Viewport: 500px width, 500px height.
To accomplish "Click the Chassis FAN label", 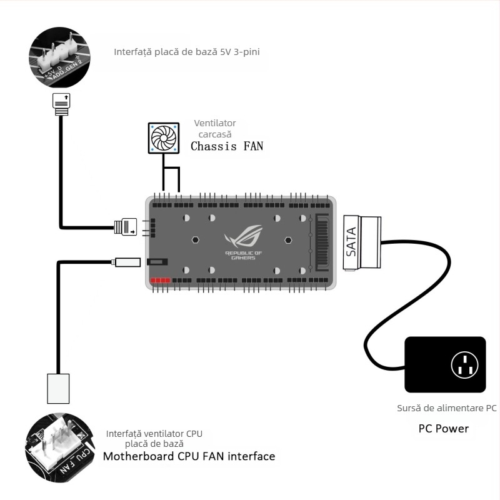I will [227, 147].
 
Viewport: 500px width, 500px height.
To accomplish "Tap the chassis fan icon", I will [164, 137].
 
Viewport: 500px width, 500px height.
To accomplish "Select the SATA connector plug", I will [362, 243].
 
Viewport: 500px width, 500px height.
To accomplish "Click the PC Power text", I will [443, 429].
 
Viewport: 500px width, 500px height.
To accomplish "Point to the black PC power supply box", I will [444, 364].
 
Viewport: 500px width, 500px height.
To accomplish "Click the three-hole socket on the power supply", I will [464, 364].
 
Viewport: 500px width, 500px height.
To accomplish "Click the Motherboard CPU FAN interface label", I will [189, 456].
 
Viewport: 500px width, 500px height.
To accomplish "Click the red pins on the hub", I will [160, 281].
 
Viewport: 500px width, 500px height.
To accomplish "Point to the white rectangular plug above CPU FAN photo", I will [57, 388].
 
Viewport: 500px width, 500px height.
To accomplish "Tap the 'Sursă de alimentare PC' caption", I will [446, 408].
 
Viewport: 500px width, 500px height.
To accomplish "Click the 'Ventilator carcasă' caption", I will [215, 129].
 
